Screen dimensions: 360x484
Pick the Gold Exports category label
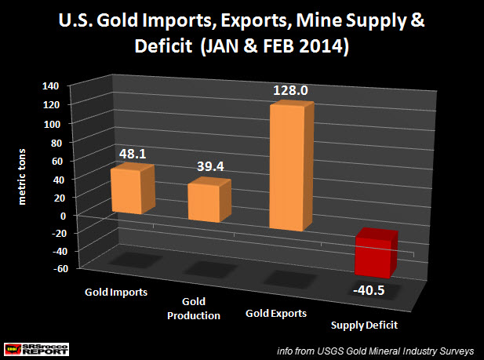[x=276, y=313]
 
